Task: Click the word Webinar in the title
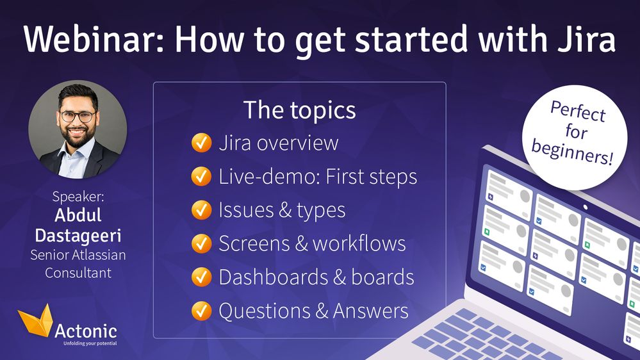94,39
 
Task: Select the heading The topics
300,110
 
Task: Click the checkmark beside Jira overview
202,143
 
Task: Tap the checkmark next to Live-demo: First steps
202,176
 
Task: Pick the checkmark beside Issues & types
202,210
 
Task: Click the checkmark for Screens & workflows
202,243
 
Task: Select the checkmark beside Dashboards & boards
202,277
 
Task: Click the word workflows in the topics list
359,243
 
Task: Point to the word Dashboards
274,277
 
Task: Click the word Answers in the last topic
371,311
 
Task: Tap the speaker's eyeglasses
78,117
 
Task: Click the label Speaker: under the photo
78,197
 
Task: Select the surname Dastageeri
78,236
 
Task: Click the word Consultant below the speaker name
78,273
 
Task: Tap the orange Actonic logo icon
35,320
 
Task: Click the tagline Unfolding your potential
90,343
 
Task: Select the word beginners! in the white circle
572,152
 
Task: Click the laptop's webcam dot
586,208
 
